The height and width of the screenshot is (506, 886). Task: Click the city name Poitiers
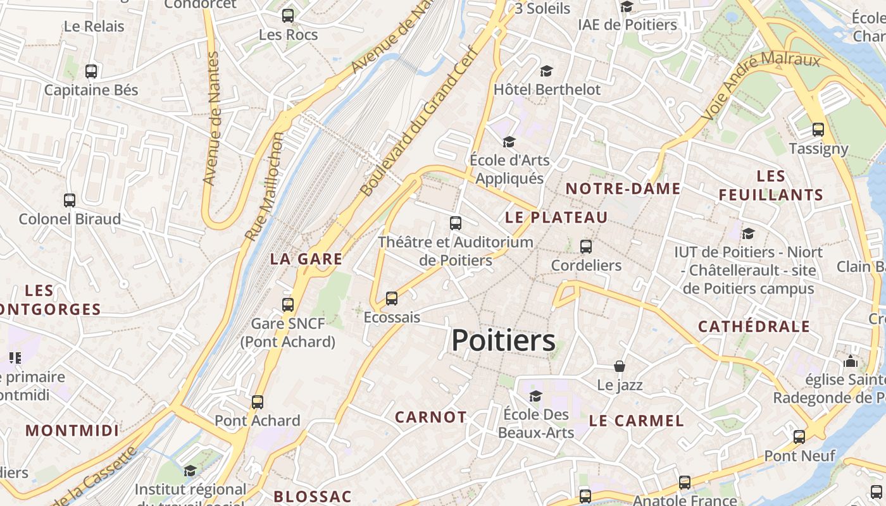coord(503,341)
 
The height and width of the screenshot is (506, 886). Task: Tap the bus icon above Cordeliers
coord(586,247)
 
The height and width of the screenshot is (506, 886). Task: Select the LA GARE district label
coord(306,259)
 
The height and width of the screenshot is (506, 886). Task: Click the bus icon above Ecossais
coord(392,299)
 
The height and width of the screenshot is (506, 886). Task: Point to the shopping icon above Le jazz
coord(620,366)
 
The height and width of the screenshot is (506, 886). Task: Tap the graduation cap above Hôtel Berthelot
coord(546,71)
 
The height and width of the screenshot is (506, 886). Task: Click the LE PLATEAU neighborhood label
coord(556,218)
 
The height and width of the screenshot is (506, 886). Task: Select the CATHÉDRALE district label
coord(754,326)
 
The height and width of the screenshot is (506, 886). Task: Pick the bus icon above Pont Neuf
coord(799,436)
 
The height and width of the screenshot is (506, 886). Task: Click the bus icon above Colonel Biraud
coord(70,201)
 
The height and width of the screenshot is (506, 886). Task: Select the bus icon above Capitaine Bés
coord(91,71)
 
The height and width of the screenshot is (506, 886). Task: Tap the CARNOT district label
coord(430,417)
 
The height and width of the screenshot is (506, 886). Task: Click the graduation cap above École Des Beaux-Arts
coord(535,396)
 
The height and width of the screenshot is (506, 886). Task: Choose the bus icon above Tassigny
coord(818,130)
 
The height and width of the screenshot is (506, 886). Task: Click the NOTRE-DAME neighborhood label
coord(623,188)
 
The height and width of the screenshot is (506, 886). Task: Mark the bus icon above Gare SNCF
coord(288,304)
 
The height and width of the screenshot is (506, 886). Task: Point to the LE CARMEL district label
coord(637,421)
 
